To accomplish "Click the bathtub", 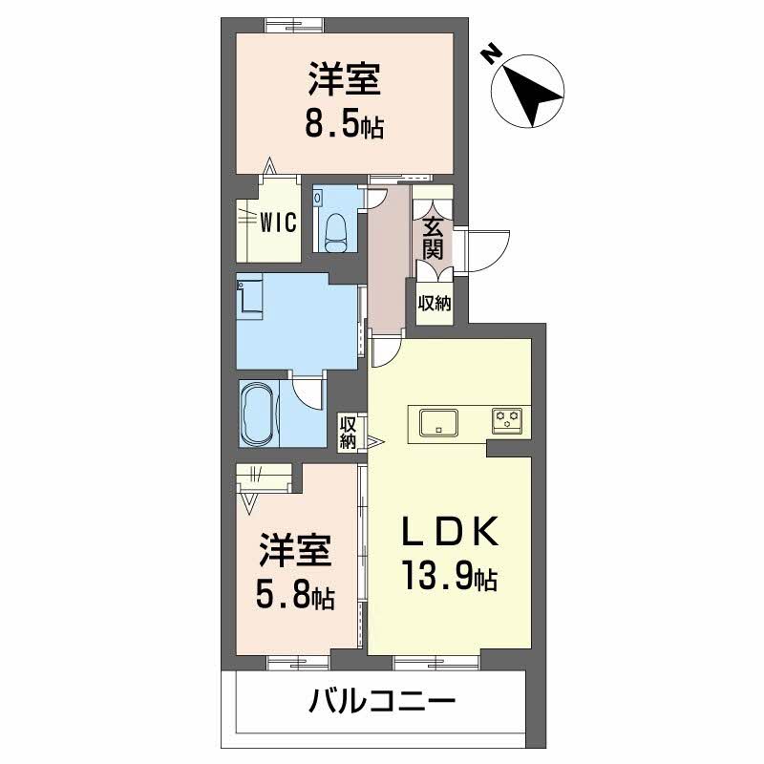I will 259,414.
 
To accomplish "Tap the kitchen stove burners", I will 507,418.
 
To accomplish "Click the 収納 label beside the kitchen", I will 349,432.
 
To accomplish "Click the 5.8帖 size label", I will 294,596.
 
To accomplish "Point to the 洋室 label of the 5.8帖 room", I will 294,552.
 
